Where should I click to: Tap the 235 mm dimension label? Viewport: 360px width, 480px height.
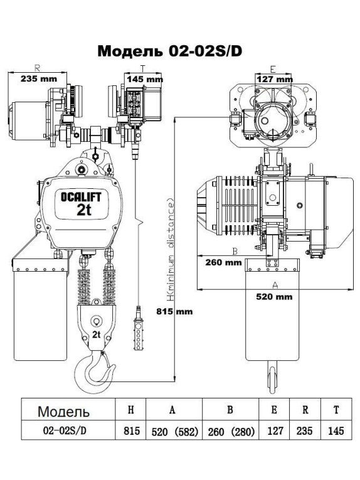tap(38, 78)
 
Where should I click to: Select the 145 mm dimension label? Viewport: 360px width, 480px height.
tap(144, 79)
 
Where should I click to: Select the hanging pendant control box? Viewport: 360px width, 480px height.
tap(136, 327)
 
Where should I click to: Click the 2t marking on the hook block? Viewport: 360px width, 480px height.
tap(97, 333)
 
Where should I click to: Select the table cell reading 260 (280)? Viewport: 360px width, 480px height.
tap(230, 432)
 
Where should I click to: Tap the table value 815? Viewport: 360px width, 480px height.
tap(130, 432)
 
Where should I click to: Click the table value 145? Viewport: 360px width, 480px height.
tap(336, 432)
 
